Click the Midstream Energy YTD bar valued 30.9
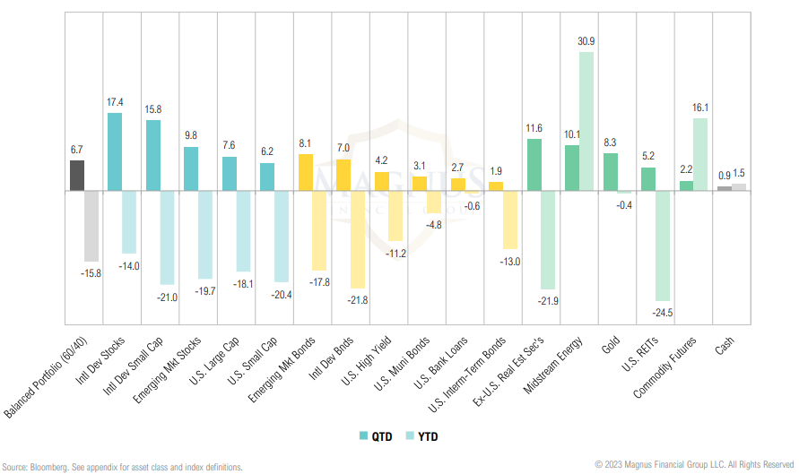coord(586,121)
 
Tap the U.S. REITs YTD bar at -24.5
coord(662,246)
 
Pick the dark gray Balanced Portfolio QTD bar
coord(76,176)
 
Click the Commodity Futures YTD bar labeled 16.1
coord(700,154)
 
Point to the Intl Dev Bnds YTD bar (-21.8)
coord(357,238)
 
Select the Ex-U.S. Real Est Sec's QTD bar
coord(534,165)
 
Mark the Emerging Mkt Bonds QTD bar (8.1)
coord(305,173)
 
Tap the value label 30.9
coord(586,42)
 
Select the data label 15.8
coord(153,110)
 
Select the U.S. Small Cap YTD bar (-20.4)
coord(281,237)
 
